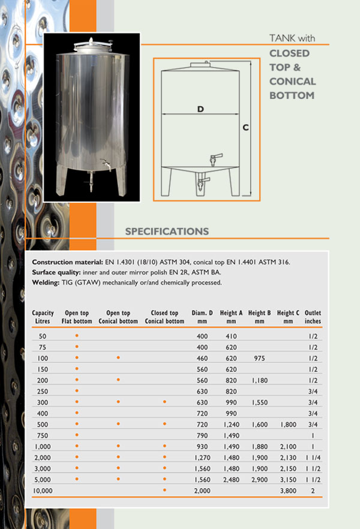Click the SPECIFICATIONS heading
[x=167, y=232]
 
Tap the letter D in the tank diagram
[x=200, y=109]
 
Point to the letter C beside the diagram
[x=245, y=127]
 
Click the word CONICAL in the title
[x=293, y=81]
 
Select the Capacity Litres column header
[x=43, y=317]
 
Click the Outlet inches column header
[x=313, y=317]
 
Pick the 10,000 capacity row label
[x=43, y=490]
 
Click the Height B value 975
[x=259, y=357]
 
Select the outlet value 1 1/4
[x=313, y=457]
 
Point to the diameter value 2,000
[x=202, y=490]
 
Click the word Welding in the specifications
[x=46, y=282]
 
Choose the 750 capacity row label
[x=43, y=435]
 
